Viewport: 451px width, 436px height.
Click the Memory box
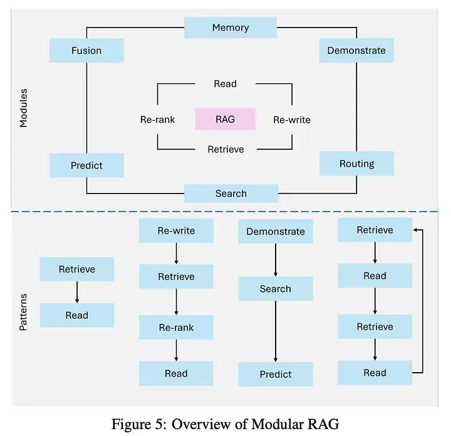[x=231, y=28]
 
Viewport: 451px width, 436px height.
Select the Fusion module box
[x=86, y=50]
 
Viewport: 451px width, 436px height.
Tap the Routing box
[x=356, y=163]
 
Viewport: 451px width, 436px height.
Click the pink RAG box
[x=225, y=119]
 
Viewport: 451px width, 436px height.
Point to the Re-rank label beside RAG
[x=157, y=119]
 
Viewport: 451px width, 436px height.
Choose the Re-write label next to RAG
[x=291, y=120]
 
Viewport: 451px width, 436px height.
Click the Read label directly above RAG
[x=225, y=84]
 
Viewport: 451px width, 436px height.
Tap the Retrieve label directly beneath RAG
[x=225, y=149]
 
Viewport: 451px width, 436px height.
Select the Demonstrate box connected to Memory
[x=356, y=50]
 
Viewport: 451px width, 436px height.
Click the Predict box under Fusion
[x=86, y=165]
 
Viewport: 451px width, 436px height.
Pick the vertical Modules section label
[x=24, y=108]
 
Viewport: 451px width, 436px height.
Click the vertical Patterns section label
[x=24, y=312]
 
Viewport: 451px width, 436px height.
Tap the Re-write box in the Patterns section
[x=176, y=231]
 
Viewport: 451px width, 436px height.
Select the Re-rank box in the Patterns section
[x=176, y=327]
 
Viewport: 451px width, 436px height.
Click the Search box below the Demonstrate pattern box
[x=276, y=289]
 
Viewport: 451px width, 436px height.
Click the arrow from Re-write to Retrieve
[x=176, y=253]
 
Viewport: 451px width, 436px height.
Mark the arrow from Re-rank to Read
[x=176, y=350]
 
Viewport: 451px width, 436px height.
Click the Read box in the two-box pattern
[x=77, y=315]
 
